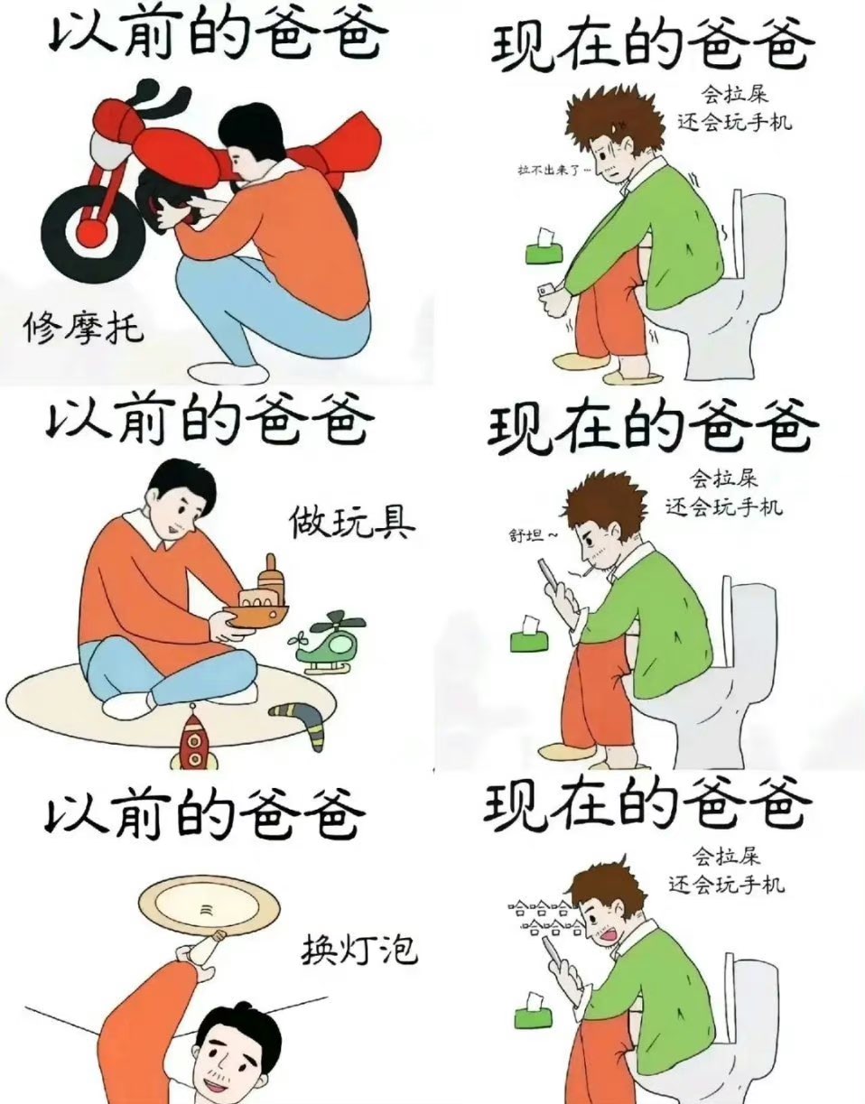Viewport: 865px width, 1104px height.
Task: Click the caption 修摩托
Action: click(x=84, y=329)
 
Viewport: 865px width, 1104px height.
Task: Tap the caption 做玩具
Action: click(x=352, y=524)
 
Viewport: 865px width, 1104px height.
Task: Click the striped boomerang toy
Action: click(x=300, y=723)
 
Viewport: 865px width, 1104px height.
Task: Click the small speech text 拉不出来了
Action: click(x=554, y=171)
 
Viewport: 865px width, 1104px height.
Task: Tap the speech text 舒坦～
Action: click(x=534, y=535)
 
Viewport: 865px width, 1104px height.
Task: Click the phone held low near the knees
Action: click(x=548, y=291)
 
